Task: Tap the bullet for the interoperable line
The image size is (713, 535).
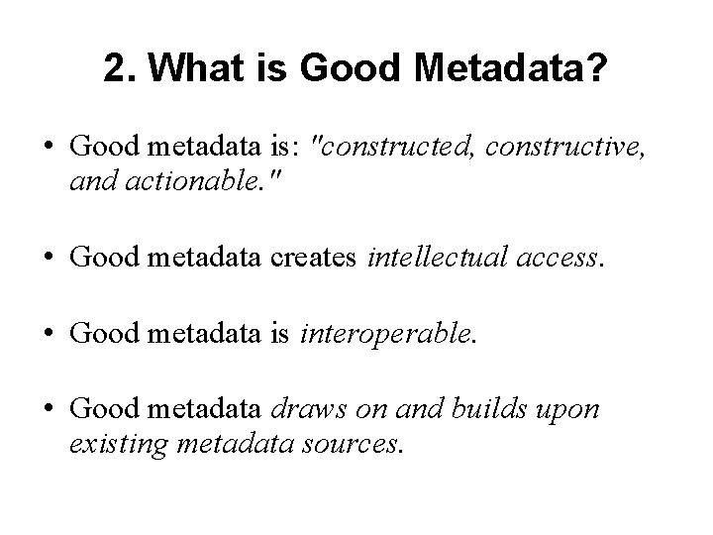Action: tap(48, 337)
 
